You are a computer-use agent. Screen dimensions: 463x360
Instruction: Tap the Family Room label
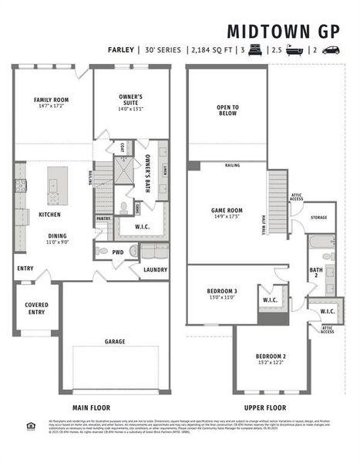(51, 100)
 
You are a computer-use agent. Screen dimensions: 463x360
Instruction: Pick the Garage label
(115, 341)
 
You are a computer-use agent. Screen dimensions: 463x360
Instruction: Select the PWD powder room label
(117, 252)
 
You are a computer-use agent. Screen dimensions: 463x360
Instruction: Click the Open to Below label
(227, 109)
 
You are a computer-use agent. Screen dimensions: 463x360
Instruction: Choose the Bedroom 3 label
(221, 292)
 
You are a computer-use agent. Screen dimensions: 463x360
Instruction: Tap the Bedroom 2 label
(271, 356)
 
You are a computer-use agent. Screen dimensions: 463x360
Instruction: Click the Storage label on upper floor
(318, 218)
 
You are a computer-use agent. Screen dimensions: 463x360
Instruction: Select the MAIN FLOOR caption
(91, 408)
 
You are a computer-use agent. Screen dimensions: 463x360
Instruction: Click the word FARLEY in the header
(123, 50)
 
